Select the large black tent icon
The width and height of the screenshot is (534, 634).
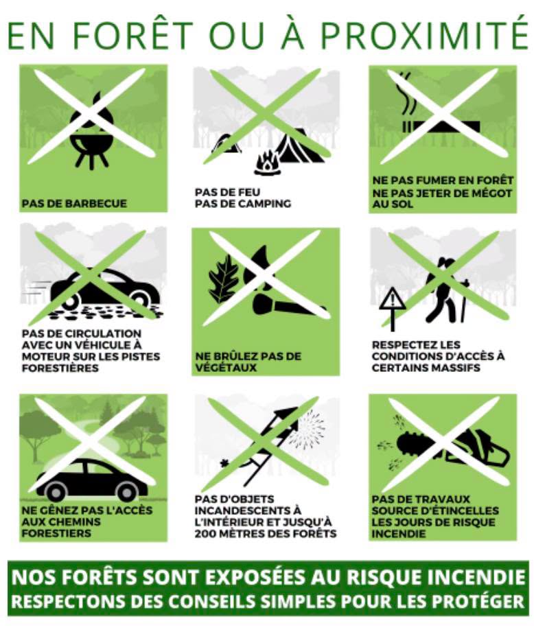coord(301,145)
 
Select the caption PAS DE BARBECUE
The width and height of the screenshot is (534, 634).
coord(74,203)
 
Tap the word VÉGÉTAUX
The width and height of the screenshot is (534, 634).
coord(226,368)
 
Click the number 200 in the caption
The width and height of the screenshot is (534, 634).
coord(206,533)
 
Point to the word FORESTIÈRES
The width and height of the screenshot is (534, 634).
coord(60,368)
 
